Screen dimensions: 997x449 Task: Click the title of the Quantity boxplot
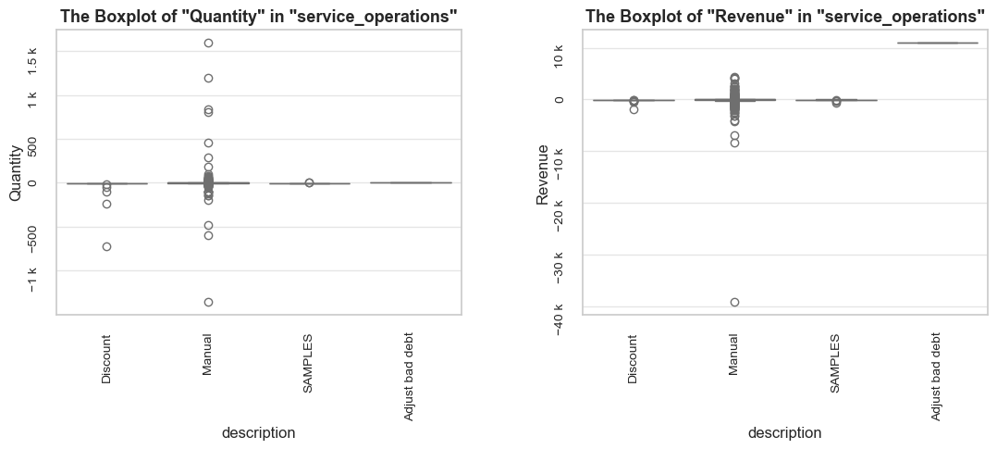click(x=259, y=17)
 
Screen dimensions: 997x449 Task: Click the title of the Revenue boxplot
click(x=785, y=17)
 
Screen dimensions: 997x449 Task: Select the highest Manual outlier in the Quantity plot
click(x=208, y=43)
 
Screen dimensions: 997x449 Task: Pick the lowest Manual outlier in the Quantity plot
click(x=208, y=302)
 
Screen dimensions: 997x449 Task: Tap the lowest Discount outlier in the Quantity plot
click(x=107, y=246)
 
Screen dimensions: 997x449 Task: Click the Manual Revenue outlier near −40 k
click(x=734, y=302)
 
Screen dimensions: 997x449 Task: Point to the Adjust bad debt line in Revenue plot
click(x=937, y=43)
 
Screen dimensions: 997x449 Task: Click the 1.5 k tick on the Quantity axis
click(x=33, y=58)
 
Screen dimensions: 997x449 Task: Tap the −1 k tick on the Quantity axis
click(x=33, y=279)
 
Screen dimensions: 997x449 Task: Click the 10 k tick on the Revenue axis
click(x=560, y=56)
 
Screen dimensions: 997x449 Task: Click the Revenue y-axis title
click(x=542, y=174)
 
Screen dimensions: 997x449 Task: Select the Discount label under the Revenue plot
click(x=632, y=359)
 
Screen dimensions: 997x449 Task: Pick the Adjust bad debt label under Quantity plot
click(x=409, y=377)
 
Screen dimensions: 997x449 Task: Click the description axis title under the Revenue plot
click(x=784, y=433)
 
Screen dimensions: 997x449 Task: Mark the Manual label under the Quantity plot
click(x=206, y=355)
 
